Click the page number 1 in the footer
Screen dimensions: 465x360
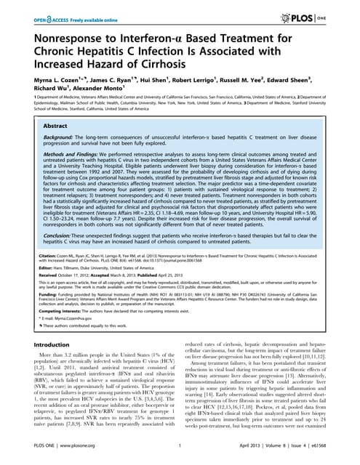(179, 456)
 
